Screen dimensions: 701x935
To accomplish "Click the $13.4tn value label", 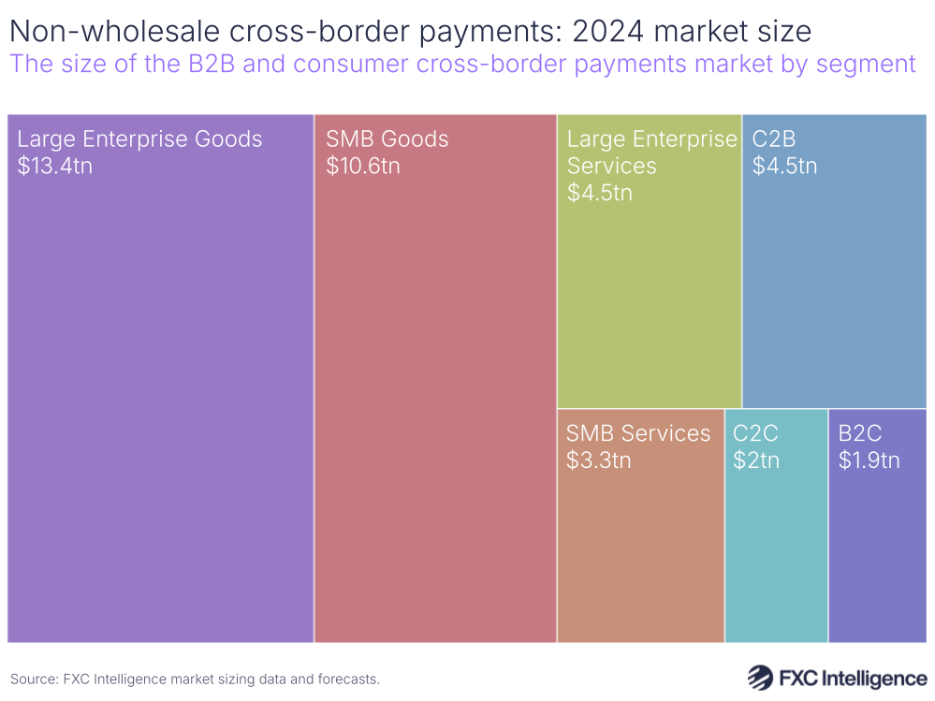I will pos(55,167).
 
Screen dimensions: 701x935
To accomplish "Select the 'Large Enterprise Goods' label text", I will pos(139,139).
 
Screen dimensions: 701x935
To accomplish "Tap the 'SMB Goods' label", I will pos(387,139).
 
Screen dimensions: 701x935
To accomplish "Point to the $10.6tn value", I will pos(363,167).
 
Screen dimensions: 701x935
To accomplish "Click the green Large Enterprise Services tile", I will pos(649,299).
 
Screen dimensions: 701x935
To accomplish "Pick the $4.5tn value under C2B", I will pos(784,167).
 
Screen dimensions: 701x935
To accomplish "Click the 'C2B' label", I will pos(774,139).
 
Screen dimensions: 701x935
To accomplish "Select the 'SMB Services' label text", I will pos(638,433).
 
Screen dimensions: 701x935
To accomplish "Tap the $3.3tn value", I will pos(599,460).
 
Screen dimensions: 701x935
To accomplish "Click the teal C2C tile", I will pos(775,552).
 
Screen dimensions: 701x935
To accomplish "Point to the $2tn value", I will pos(756,460).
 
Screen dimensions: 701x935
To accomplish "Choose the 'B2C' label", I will pos(860,433).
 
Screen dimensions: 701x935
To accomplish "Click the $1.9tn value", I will pos(869,460).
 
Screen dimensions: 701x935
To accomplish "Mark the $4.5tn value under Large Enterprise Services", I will pos(600,193).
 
